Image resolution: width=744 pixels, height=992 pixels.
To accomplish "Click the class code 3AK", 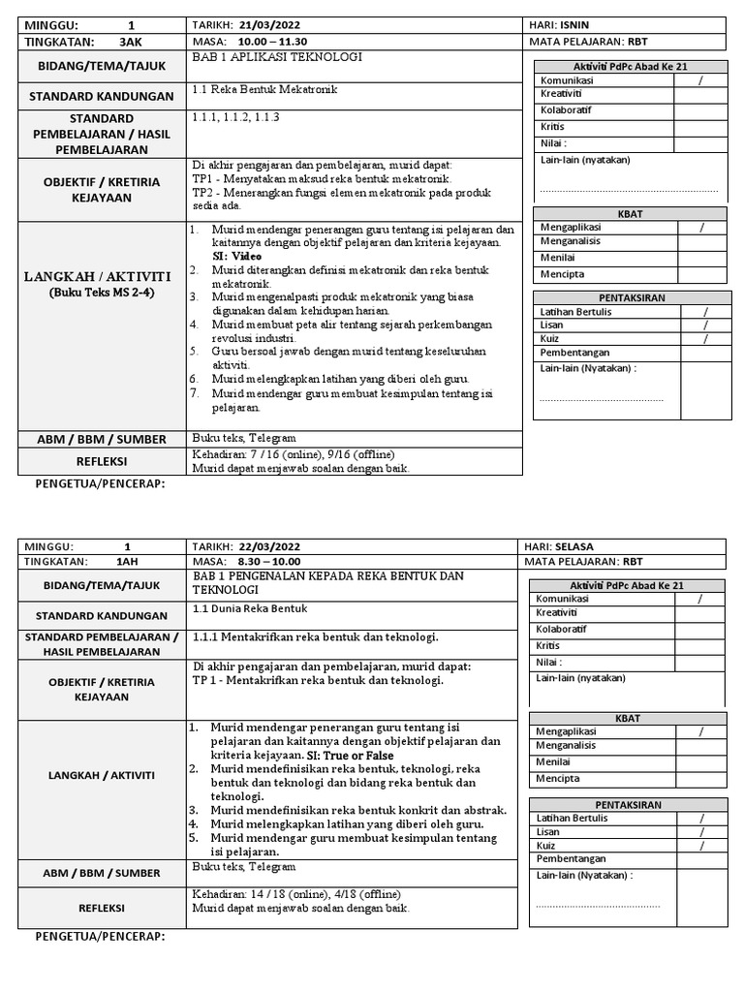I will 130,42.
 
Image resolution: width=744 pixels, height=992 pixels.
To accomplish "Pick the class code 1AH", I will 127,561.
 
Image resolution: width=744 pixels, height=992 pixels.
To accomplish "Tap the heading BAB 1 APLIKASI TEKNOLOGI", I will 277,58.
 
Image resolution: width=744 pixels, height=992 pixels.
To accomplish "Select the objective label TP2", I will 203,192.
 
